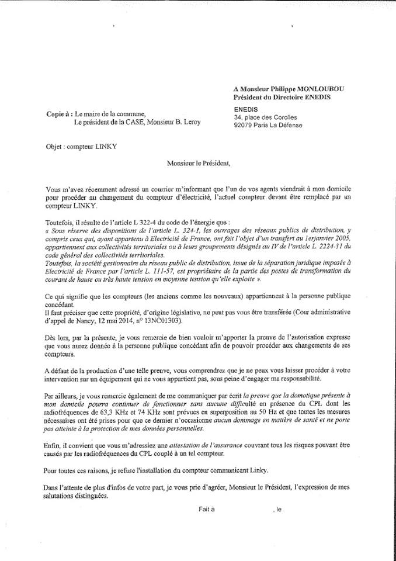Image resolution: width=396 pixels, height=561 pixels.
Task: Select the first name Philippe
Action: pos(279,88)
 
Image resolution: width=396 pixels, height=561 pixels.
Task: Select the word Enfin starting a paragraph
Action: pos(54,445)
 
